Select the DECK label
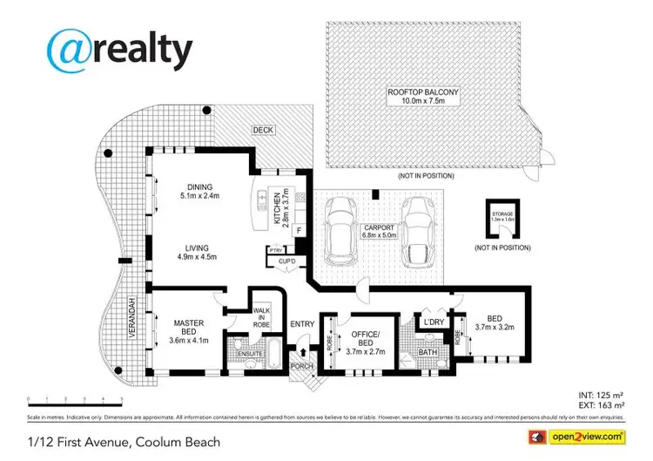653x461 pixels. click(x=263, y=130)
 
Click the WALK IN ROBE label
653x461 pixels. click(x=262, y=318)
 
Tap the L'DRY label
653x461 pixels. click(x=433, y=322)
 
